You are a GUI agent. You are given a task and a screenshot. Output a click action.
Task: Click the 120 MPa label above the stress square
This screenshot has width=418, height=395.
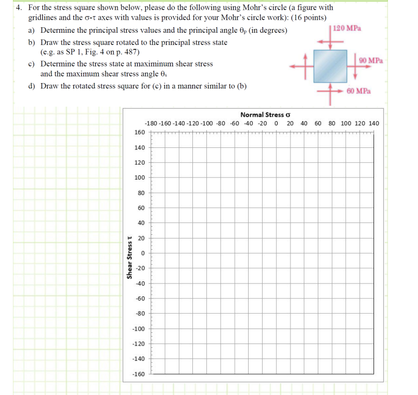pyautogui.click(x=347, y=27)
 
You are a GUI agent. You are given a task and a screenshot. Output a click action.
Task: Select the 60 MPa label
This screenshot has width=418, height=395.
pyautogui.click(x=359, y=91)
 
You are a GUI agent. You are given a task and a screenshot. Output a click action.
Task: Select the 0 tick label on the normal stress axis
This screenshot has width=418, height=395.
pyautogui.click(x=275, y=123)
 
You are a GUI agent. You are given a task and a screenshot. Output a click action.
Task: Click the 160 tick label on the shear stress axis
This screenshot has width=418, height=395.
pyautogui.click(x=139, y=132)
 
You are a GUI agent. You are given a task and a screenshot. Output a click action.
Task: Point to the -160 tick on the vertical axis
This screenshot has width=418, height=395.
pyautogui.click(x=139, y=374)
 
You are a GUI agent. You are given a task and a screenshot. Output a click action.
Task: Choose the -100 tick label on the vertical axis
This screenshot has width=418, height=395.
pyautogui.click(x=139, y=328)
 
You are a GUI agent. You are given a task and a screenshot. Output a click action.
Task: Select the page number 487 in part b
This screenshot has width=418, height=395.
pyautogui.click(x=131, y=52)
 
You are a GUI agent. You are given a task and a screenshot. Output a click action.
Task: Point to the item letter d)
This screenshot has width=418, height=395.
pyautogui.click(x=32, y=86)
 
